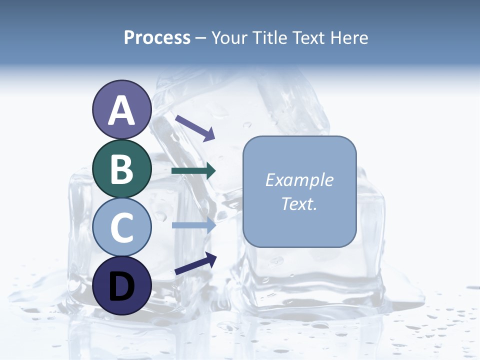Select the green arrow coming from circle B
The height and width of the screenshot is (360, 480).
tap(193, 171)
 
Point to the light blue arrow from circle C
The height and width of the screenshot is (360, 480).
tap(193, 225)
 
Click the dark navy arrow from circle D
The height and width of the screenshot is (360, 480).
tap(195, 263)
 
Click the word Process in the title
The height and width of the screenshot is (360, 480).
tap(157, 38)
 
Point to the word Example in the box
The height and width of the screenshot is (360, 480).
tap(299, 180)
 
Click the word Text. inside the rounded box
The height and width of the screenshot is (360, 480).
tap(299, 203)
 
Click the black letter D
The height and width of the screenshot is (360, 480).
tap(121, 285)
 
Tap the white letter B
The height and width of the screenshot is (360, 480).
tap(121, 169)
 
